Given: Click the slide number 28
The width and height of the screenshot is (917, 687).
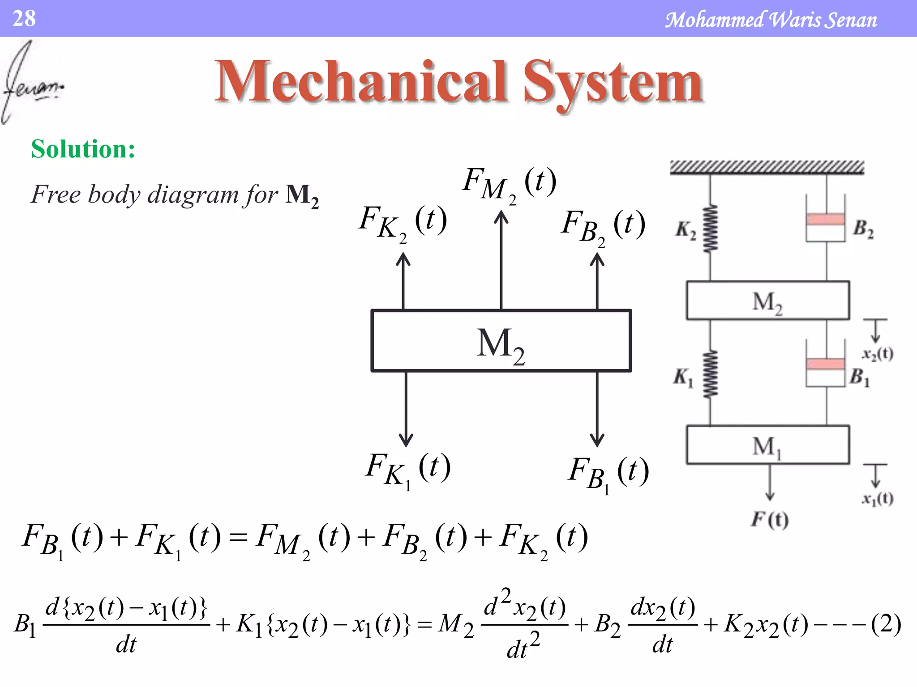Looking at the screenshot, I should click(x=24, y=19).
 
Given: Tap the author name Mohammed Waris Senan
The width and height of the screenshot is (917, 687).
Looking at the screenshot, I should click(x=771, y=20).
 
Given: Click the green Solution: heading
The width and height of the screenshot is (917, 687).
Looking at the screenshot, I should click(x=83, y=149).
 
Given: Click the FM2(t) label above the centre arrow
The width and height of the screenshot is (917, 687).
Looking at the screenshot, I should click(x=510, y=183).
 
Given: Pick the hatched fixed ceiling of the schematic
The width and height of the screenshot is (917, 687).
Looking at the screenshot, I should click(x=767, y=167).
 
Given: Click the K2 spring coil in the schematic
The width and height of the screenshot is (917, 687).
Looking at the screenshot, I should click(x=710, y=229).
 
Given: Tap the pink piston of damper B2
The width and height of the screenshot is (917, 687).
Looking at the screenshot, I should click(x=825, y=220).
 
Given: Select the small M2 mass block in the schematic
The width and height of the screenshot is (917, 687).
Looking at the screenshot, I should click(x=767, y=301).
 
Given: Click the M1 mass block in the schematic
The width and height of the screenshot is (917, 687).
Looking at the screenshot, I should click(x=767, y=445).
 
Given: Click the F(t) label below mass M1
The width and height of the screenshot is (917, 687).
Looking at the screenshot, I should click(x=770, y=519).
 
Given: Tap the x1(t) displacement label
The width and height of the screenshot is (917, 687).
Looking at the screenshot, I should click(x=878, y=498).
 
